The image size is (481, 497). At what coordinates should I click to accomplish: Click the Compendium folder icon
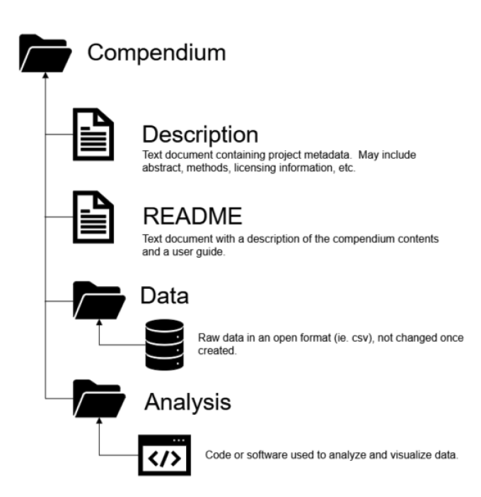pyautogui.click(x=44, y=53)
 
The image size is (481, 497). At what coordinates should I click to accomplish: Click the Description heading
pyautogui.click(x=200, y=135)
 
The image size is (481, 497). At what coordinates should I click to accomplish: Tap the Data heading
pyautogui.click(x=165, y=295)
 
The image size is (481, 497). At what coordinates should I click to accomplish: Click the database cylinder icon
pyautogui.click(x=165, y=344)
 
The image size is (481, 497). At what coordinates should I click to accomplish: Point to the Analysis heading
pyautogui.click(x=187, y=402)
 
